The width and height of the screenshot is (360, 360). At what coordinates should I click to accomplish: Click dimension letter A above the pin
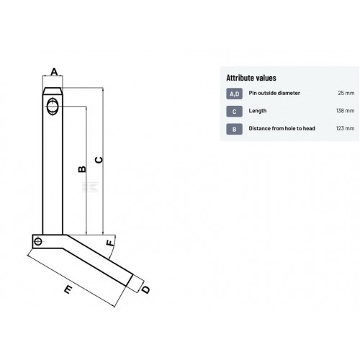coord(55,72)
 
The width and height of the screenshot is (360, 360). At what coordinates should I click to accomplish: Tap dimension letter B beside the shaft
coord(82,169)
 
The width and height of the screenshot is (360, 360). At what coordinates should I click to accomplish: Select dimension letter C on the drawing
coord(99,160)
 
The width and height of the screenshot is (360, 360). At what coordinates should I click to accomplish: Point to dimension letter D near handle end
coord(145,290)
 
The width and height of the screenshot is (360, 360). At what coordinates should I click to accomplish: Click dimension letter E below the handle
coord(68,289)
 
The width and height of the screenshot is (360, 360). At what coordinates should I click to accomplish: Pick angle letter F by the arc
coord(110,243)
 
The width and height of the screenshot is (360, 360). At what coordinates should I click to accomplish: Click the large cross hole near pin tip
coord(53,106)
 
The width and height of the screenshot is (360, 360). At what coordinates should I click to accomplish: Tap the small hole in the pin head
coord(38,242)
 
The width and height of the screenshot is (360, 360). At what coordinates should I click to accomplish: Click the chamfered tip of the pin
coord(53,91)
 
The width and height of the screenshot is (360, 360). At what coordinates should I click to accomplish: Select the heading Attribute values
coord(251,78)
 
